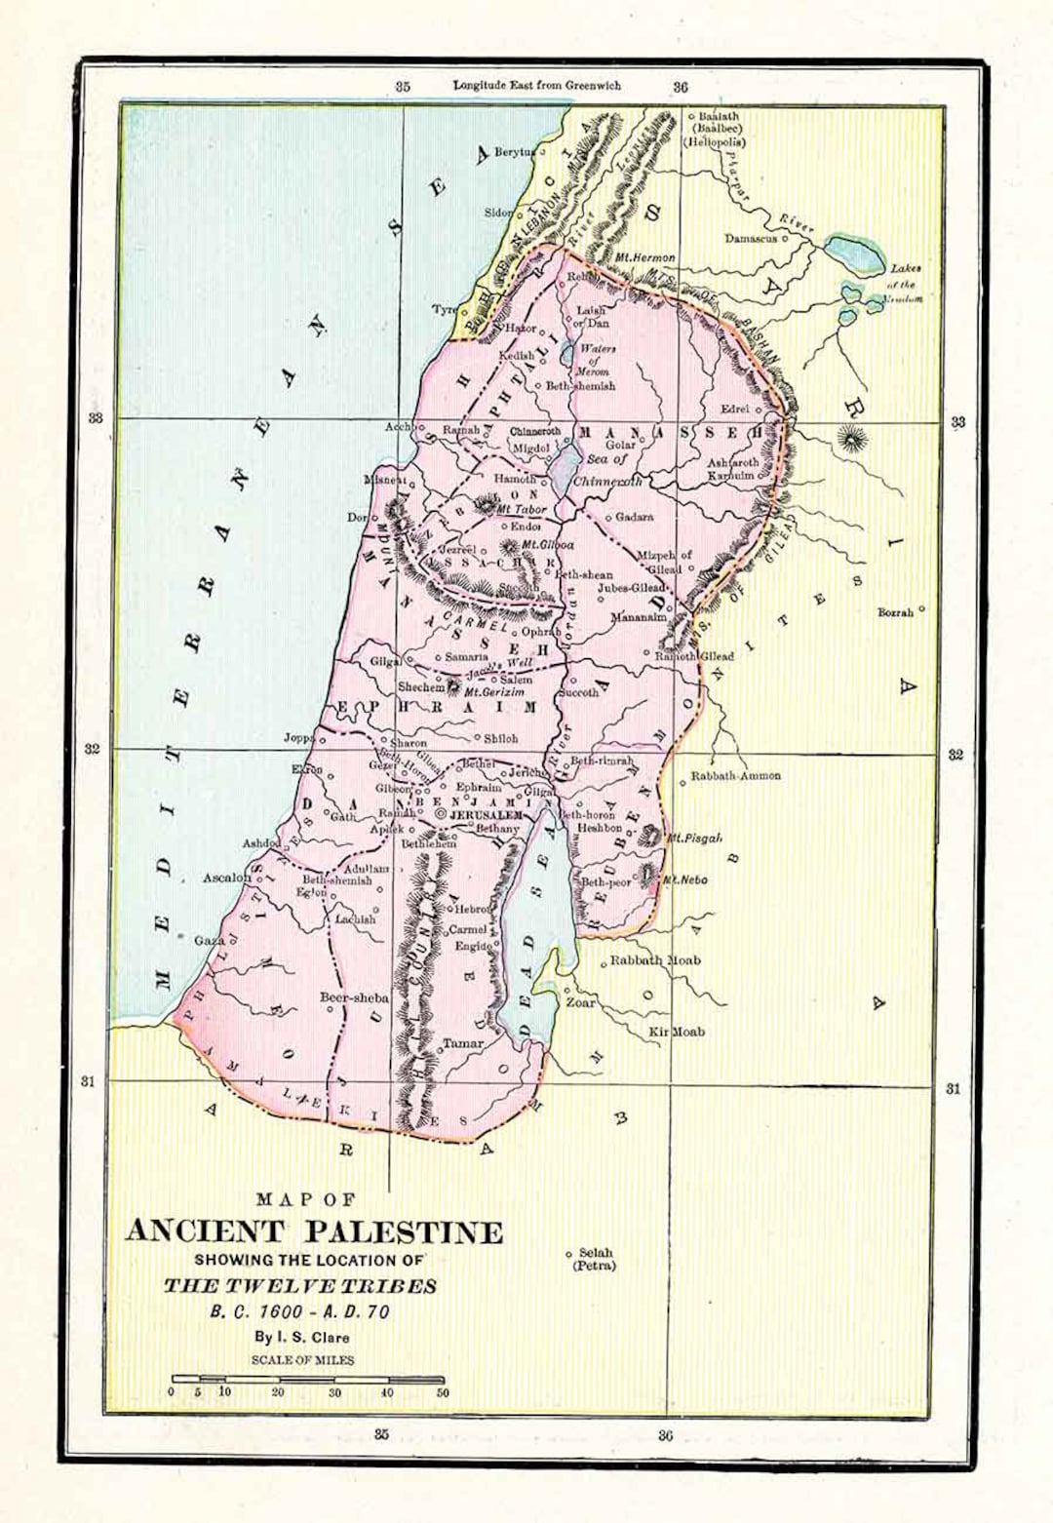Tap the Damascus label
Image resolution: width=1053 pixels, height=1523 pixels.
[750, 238]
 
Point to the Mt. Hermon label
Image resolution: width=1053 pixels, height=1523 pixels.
[644, 257]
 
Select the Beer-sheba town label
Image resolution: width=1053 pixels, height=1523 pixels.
[354, 997]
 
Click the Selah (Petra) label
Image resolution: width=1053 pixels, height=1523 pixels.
[595, 1259]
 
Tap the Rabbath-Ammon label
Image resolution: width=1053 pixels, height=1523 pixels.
[735, 776]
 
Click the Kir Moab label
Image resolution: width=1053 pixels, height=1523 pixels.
[677, 1032]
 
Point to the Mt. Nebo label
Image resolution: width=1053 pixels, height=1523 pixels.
[684, 879]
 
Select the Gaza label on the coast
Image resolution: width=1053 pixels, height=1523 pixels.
[209, 941]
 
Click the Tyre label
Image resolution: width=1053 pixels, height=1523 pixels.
[444, 309]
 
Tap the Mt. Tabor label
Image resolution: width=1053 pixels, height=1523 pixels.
[522, 510]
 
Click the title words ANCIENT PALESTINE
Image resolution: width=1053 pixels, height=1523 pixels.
[314, 1231]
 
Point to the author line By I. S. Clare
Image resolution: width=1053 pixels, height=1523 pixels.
[301, 1337]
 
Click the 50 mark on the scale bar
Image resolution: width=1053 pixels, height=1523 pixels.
[443, 1392]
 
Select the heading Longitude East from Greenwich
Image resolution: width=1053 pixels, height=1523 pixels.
[536, 85]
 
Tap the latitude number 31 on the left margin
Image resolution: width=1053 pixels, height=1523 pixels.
[88, 1080]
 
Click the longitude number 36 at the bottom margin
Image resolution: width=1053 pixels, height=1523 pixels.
[665, 1434]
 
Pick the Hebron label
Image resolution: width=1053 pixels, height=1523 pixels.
[472, 909]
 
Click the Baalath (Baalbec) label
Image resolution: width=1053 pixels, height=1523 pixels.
[719, 122]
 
